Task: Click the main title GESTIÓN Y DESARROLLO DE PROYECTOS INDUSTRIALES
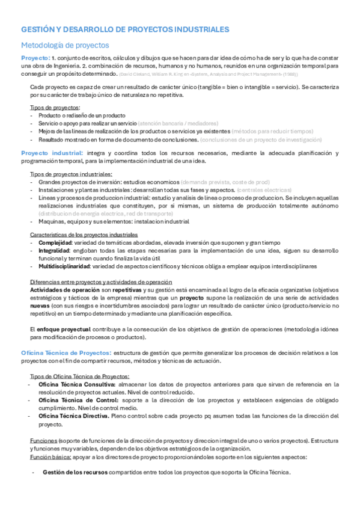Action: click(x=125, y=29)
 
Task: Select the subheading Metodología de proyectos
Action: click(x=65, y=45)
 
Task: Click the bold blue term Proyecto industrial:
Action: click(x=53, y=153)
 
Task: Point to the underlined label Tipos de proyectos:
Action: click(x=55, y=107)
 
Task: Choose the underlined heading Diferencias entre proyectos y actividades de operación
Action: click(x=101, y=282)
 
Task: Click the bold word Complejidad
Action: click(x=58, y=242)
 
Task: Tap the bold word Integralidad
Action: click(x=55, y=250)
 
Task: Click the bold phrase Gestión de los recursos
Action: click(x=75, y=472)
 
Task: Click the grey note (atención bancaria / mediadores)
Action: click(x=177, y=123)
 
